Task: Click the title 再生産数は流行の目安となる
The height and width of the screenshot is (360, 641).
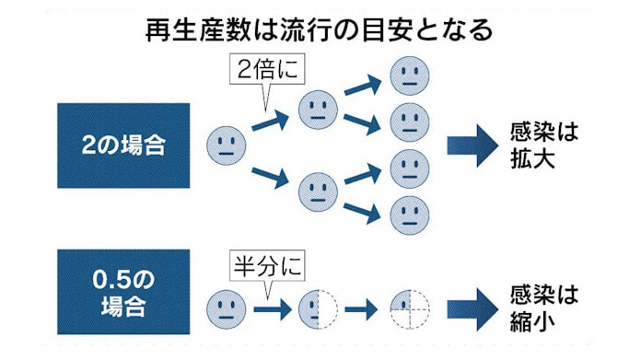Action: click(320, 29)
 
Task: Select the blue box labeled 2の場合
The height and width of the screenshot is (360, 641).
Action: click(122, 145)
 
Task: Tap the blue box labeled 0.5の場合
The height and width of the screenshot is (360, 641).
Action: click(122, 291)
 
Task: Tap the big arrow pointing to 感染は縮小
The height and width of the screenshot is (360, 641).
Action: click(472, 307)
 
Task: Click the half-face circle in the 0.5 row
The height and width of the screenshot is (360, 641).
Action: click(319, 308)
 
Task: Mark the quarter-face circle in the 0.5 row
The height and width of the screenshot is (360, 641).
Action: click(409, 308)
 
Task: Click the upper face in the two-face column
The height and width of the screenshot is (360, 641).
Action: click(319, 110)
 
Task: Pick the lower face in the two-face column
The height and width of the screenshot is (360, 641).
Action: click(319, 192)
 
